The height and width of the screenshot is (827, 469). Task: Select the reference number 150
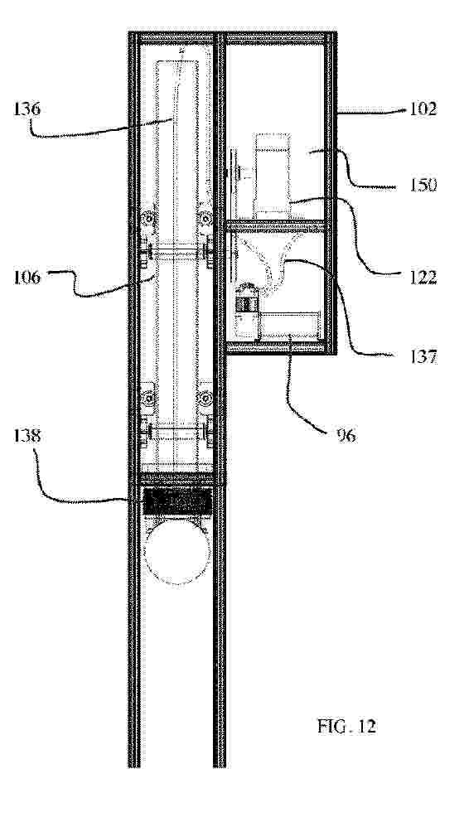(423, 186)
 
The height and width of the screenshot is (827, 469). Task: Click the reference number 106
(28, 277)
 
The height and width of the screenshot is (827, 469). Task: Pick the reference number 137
(423, 357)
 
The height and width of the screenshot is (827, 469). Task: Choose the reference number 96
(346, 436)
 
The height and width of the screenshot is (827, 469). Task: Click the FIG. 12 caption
(347, 726)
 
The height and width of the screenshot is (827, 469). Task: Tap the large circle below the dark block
(177, 552)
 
